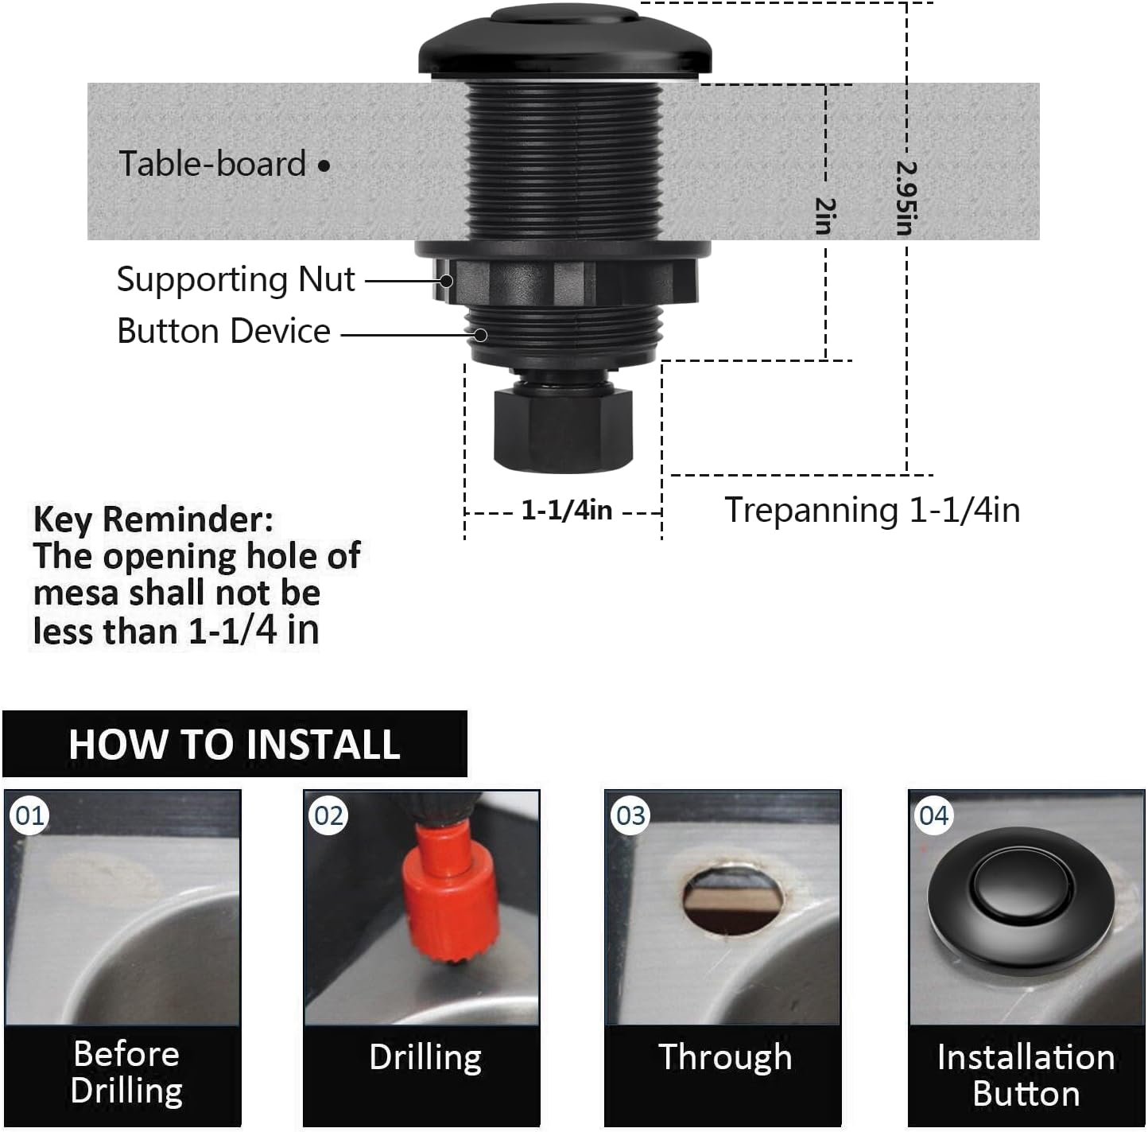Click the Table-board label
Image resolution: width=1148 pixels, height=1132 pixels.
[212, 164]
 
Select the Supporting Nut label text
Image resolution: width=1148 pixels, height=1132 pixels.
[235, 279]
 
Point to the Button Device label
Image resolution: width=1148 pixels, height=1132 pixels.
[223, 331]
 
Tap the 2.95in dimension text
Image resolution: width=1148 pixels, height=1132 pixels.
[906, 198]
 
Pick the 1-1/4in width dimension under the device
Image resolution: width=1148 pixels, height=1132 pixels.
[566, 510]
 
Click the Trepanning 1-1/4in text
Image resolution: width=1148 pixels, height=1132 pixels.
[872, 510]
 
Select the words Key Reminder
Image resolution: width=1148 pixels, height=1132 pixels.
[153, 519]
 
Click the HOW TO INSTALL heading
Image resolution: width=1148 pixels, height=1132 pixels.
[234, 745]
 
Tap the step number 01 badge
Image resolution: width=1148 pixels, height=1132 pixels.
[30, 815]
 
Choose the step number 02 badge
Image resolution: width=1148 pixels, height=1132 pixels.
[329, 815]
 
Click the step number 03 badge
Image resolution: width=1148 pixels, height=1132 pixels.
[630, 815]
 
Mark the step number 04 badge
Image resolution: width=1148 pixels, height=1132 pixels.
[933, 815]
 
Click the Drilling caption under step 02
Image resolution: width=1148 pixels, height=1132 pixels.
[425, 1057]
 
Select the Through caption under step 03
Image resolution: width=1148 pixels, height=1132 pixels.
[725, 1057]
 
